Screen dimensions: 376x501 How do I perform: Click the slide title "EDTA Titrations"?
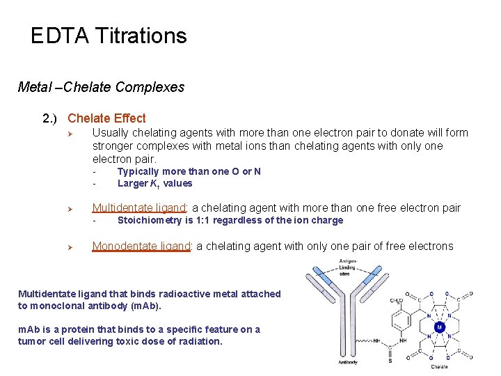[109, 36]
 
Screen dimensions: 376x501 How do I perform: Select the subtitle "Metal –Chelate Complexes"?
[101, 87]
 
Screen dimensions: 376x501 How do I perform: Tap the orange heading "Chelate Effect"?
[106, 118]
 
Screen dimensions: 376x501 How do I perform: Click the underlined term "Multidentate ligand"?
[140, 207]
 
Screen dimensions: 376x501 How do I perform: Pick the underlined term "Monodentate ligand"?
[141, 246]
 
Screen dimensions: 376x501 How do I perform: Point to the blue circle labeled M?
[439, 327]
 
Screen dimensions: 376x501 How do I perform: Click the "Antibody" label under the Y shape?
[348, 361]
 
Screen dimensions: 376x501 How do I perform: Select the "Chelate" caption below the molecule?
[439, 366]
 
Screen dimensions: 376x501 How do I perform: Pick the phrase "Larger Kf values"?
[154, 184]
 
